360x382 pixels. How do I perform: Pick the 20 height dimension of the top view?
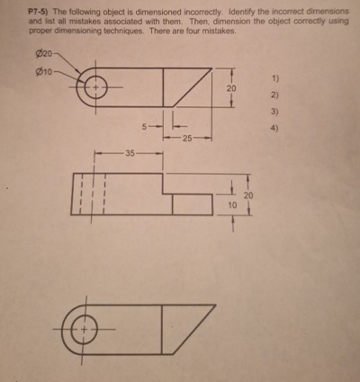tap(231, 89)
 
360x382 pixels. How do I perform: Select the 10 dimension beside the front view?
tap(231, 205)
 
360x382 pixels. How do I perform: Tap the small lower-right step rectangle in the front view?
tap(192, 205)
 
